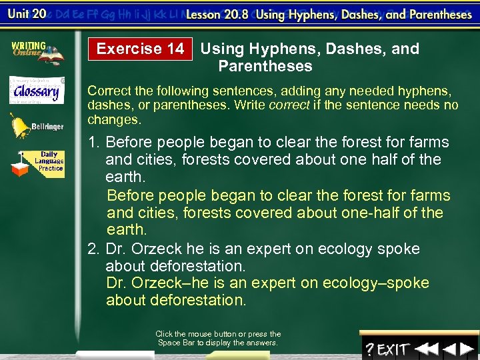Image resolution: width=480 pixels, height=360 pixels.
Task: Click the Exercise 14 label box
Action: (140, 49)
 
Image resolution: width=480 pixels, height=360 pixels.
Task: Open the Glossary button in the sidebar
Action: (37, 90)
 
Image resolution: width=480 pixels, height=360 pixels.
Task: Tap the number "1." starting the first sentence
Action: (94, 142)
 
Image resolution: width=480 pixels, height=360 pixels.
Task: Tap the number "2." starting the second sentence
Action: (94, 249)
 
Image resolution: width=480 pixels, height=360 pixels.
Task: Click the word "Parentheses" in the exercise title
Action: (265, 66)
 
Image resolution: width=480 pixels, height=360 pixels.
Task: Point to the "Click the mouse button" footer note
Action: (218, 338)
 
